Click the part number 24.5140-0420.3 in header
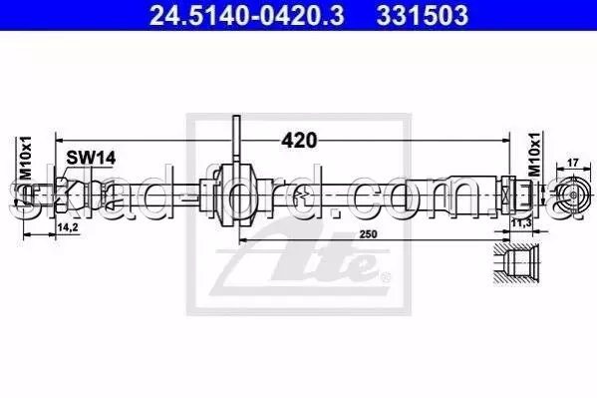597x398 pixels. point(247,16)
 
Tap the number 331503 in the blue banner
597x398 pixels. point(423,16)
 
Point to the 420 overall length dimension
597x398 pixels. point(299,141)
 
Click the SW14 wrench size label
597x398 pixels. point(91,158)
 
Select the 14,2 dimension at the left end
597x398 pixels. point(68,227)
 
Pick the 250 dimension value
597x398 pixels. point(368,234)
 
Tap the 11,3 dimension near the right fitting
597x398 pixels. point(521,223)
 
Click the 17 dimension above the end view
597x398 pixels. point(573,163)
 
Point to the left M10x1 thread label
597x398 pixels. point(26,158)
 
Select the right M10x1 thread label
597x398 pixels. point(534,155)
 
